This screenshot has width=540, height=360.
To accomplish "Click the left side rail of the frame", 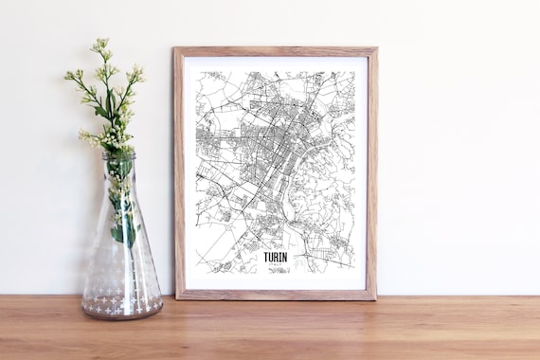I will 179,171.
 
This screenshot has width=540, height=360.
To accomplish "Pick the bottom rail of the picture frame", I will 275,294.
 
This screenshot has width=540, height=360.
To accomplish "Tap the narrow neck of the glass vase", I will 119,180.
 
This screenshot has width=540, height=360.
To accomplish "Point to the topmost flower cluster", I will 100,45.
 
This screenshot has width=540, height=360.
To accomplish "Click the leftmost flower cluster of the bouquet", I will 71,75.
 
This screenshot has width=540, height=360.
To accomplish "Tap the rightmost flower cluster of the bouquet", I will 137,73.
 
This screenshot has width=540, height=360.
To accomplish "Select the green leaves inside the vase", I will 121,218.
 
